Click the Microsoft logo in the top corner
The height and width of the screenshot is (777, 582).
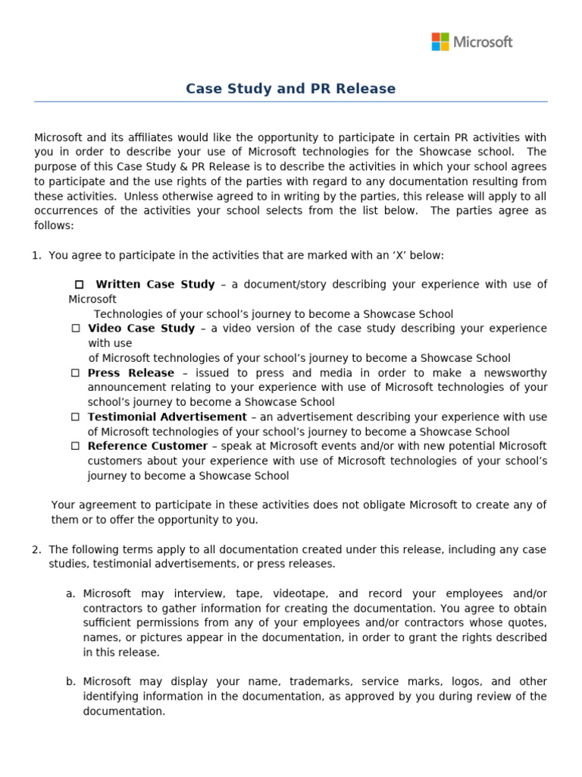pos(471,42)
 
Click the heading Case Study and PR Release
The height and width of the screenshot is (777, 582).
pos(290,89)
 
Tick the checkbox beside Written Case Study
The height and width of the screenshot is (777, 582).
pos(79,285)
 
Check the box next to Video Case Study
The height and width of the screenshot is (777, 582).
pos(76,329)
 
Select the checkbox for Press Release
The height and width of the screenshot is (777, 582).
pos(76,373)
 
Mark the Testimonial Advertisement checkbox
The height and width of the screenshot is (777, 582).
pos(76,417)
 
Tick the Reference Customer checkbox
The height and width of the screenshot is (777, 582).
pos(76,446)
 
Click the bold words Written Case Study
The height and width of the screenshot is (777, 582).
pos(155,285)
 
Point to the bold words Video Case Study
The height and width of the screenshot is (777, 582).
pos(141,329)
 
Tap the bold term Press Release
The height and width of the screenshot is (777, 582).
pos(130,373)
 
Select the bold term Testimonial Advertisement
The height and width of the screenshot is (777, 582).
pos(167,417)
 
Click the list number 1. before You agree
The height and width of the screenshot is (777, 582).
pos(36,255)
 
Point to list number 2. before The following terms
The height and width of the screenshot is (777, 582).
pos(36,549)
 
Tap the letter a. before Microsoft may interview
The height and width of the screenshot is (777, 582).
pos(70,593)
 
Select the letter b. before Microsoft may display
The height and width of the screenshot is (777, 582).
pos(70,681)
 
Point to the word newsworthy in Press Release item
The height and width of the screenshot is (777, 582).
pos(518,373)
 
